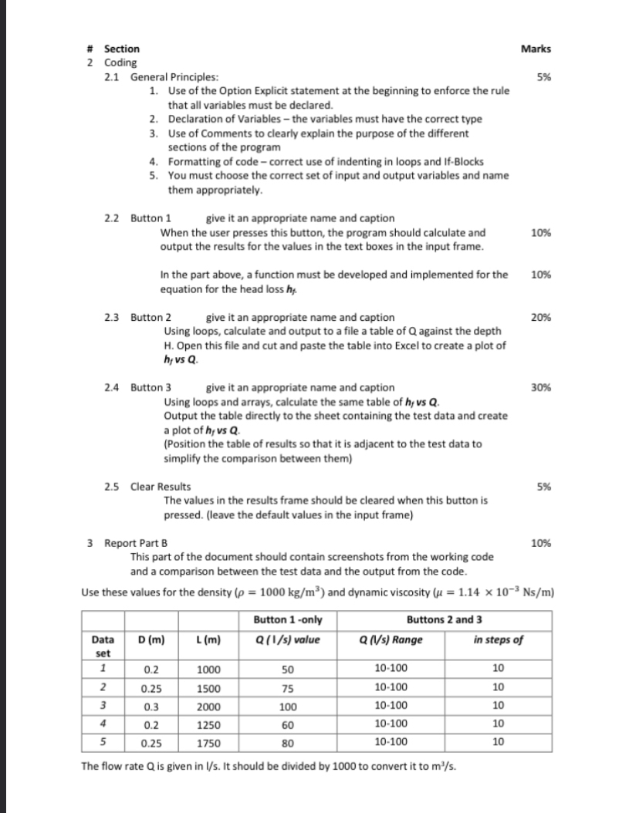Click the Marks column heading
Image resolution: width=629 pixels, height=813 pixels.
(536, 49)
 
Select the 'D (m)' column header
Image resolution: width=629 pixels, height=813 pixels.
(149, 639)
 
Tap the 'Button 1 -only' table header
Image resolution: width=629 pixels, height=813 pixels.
(288, 621)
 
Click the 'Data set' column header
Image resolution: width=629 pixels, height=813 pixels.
(101, 645)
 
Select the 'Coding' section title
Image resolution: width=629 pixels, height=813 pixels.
(120, 62)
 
